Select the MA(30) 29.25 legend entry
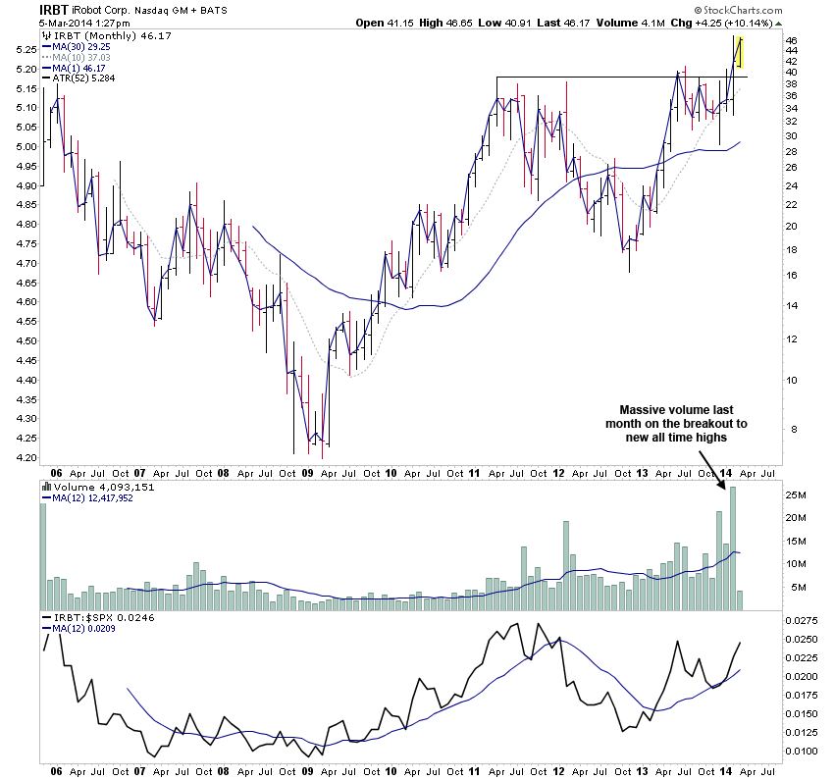tap(80, 46)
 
